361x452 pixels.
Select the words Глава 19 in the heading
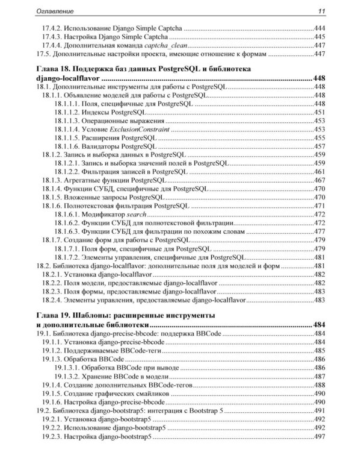(54, 316)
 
